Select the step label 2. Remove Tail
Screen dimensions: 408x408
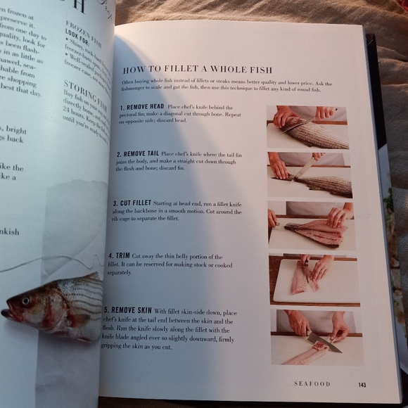138,153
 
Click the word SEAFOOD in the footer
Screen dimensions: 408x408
312,384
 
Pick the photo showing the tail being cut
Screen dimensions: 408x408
310,176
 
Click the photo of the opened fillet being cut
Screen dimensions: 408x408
312,226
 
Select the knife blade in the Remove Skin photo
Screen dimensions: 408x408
326,343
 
